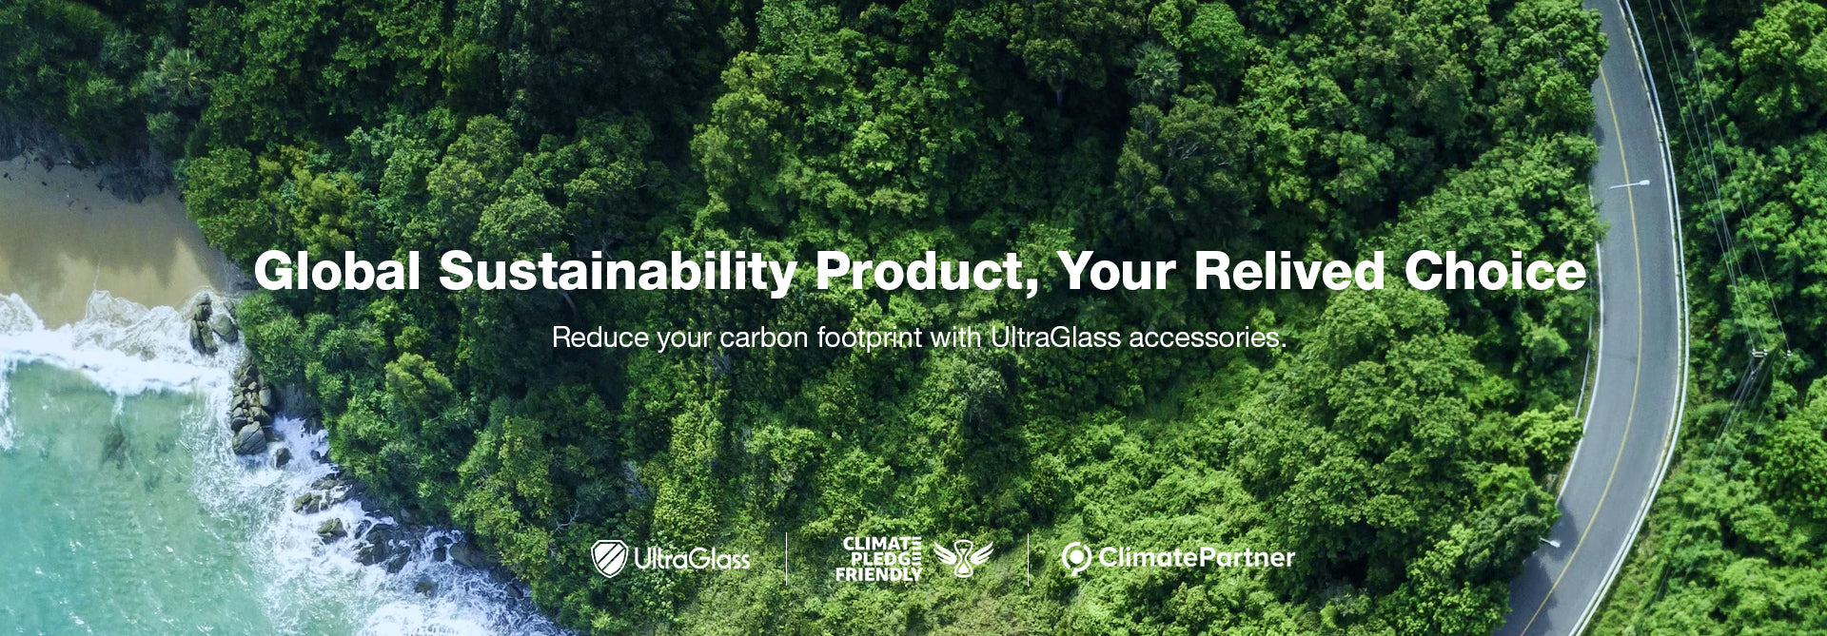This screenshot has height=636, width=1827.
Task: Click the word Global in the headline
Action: tap(337, 271)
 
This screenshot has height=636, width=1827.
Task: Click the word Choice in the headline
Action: tap(1495, 271)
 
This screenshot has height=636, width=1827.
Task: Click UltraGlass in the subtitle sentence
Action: tap(1055, 337)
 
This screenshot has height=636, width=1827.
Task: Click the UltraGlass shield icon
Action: tap(609, 559)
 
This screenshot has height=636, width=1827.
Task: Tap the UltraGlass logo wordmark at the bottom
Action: tap(692, 559)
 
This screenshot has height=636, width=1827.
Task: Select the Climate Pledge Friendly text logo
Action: tap(878, 559)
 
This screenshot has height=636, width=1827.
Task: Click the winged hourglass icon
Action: tap(962, 558)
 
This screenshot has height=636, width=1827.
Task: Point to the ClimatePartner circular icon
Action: tap(1075, 559)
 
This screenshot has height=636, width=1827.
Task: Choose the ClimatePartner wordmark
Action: tap(1196, 557)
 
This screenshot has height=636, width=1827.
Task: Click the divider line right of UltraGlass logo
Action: tap(786, 559)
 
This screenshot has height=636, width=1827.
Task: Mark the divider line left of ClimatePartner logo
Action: tap(1028, 559)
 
